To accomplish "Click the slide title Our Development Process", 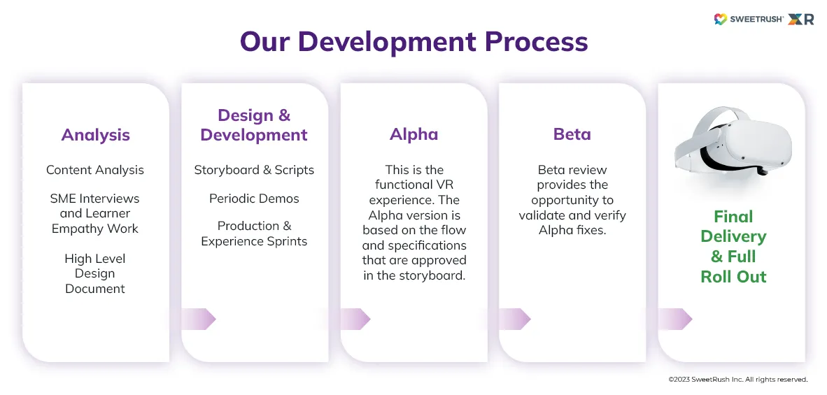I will pos(413,42).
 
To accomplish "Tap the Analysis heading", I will pos(95,135).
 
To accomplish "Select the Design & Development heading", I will pos(254,125).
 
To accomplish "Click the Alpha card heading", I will pos(413,134).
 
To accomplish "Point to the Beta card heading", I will pos(572,134).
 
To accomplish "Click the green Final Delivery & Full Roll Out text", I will pos(733,246).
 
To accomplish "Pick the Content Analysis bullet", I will pos(95,170).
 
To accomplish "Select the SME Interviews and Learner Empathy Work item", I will pos(95,213).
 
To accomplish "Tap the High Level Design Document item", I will pos(95,273).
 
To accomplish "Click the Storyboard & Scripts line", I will pos(254,170).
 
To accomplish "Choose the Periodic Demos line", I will pos(254,199).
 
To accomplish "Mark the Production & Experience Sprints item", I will pos(254,234).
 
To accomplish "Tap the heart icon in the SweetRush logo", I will pos(720,20).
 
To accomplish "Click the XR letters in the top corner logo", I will pos(800,20).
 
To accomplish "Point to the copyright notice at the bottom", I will pos(737,380).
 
